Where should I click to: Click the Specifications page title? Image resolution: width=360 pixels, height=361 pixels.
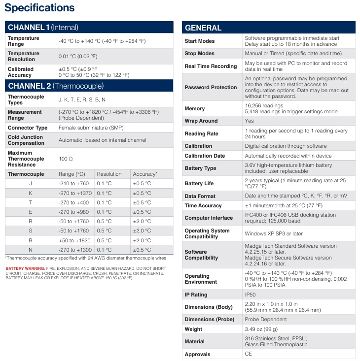tap(40, 8)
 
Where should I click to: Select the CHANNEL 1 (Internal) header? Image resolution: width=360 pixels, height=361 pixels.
tap(43, 27)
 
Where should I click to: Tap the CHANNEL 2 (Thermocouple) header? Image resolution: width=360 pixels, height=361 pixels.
tap(56, 86)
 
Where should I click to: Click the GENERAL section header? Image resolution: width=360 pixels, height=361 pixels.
tap(203, 28)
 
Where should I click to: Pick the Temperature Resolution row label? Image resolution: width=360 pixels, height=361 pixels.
tap(24, 57)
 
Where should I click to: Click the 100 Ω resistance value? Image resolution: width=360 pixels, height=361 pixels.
tap(66, 159)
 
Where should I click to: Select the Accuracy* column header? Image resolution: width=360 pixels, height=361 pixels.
tap(145, 174)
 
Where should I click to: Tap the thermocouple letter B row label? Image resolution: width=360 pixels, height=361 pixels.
tap(31, 240)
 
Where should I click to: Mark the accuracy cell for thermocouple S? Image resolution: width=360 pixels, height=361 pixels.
tap(142, 230)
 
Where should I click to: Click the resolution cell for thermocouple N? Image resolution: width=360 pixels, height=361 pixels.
tap(104, 250)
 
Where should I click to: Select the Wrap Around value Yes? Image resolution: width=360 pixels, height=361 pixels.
tap(250, 121)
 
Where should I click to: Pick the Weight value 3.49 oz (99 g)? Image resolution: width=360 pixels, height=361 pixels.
tap(261, 329)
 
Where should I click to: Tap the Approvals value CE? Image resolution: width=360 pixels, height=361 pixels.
tap(249, 354)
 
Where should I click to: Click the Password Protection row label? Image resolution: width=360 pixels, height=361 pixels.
tap(211, 87)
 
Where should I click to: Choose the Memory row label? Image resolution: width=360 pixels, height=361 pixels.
tap(194, 108)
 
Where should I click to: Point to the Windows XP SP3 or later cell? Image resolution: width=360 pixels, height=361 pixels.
tap(274, 233)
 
